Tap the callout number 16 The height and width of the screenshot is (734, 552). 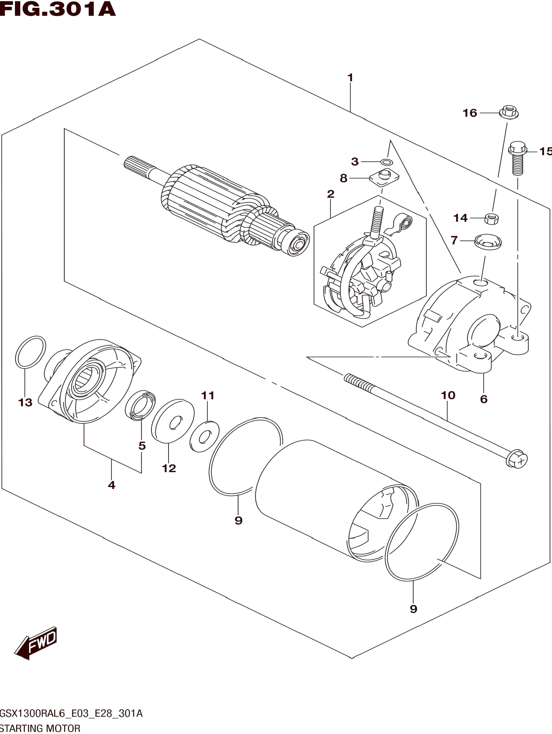470,113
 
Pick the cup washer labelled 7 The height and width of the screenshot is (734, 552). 488,241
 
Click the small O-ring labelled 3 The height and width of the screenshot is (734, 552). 386,162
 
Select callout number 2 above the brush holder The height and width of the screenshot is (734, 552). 330,194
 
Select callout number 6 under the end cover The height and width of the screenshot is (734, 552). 484,399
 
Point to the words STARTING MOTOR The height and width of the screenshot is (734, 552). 40,728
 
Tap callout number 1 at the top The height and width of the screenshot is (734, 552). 350,78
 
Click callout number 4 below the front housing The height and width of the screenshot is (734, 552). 111,485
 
